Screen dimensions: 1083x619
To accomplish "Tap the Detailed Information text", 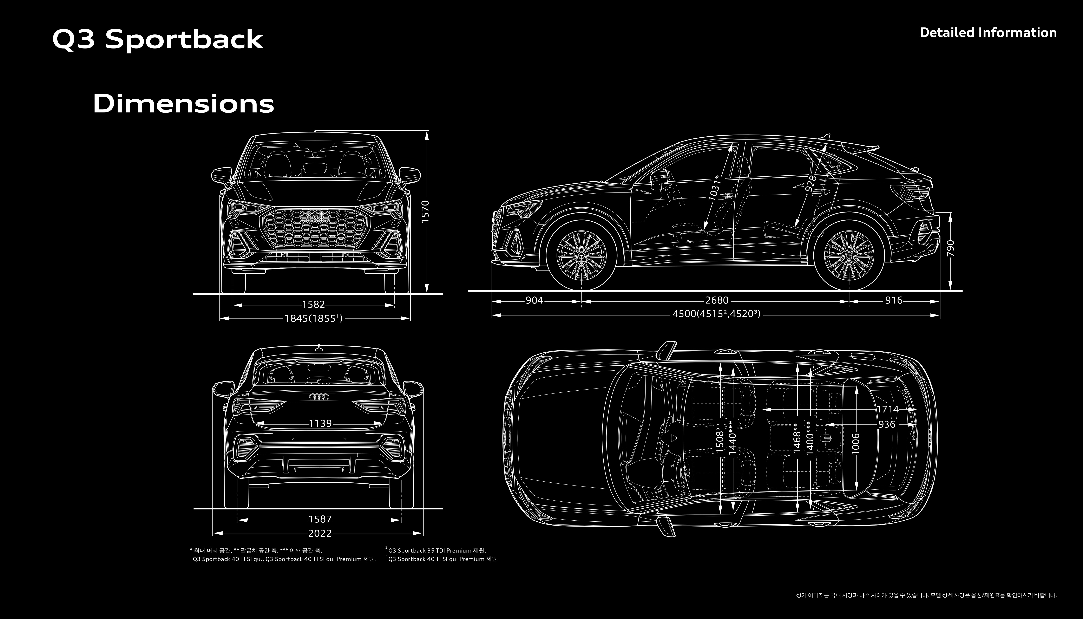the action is tap(988, 33).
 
